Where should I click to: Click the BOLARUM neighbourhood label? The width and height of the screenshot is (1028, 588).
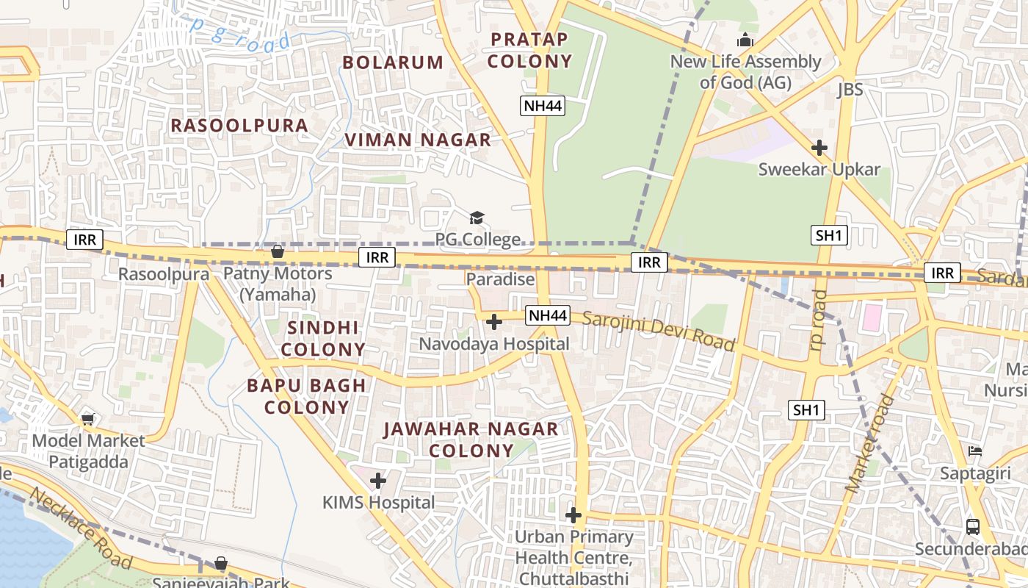coord(393,62)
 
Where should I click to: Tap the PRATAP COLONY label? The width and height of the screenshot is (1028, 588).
coord(529,50)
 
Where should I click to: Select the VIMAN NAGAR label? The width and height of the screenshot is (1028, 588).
coord(418,140)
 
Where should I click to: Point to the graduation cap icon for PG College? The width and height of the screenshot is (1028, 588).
coord(477,218)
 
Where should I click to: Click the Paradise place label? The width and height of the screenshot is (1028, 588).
coord(500,279)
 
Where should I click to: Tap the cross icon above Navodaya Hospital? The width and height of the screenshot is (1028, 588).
coord(494,322)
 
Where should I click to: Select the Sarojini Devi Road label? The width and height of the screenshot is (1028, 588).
coord(659,331)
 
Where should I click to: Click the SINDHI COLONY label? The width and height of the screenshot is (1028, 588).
coord(323,338)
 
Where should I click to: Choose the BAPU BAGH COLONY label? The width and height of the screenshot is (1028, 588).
coord(306,396)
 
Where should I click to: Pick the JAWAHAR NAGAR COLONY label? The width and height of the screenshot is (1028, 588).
coord(471,440)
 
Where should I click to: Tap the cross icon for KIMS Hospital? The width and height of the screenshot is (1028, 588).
coord(378,481)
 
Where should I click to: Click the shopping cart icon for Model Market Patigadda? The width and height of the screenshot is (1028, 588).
coord(88,420)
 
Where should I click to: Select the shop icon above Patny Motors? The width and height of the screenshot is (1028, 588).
coord(278,252)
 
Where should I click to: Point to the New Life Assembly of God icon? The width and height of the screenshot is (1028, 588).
coord(745,40)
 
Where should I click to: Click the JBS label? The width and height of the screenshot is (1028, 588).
coord(850,90)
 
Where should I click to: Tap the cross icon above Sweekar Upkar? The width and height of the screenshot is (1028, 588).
coord(819,148)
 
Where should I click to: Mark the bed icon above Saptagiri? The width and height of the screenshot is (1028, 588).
coord(975,451)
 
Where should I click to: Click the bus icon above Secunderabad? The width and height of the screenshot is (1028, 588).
coord(973,526)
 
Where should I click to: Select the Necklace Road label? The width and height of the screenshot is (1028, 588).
coord(82,528)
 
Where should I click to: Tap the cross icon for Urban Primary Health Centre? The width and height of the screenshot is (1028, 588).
coord(573,515)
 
